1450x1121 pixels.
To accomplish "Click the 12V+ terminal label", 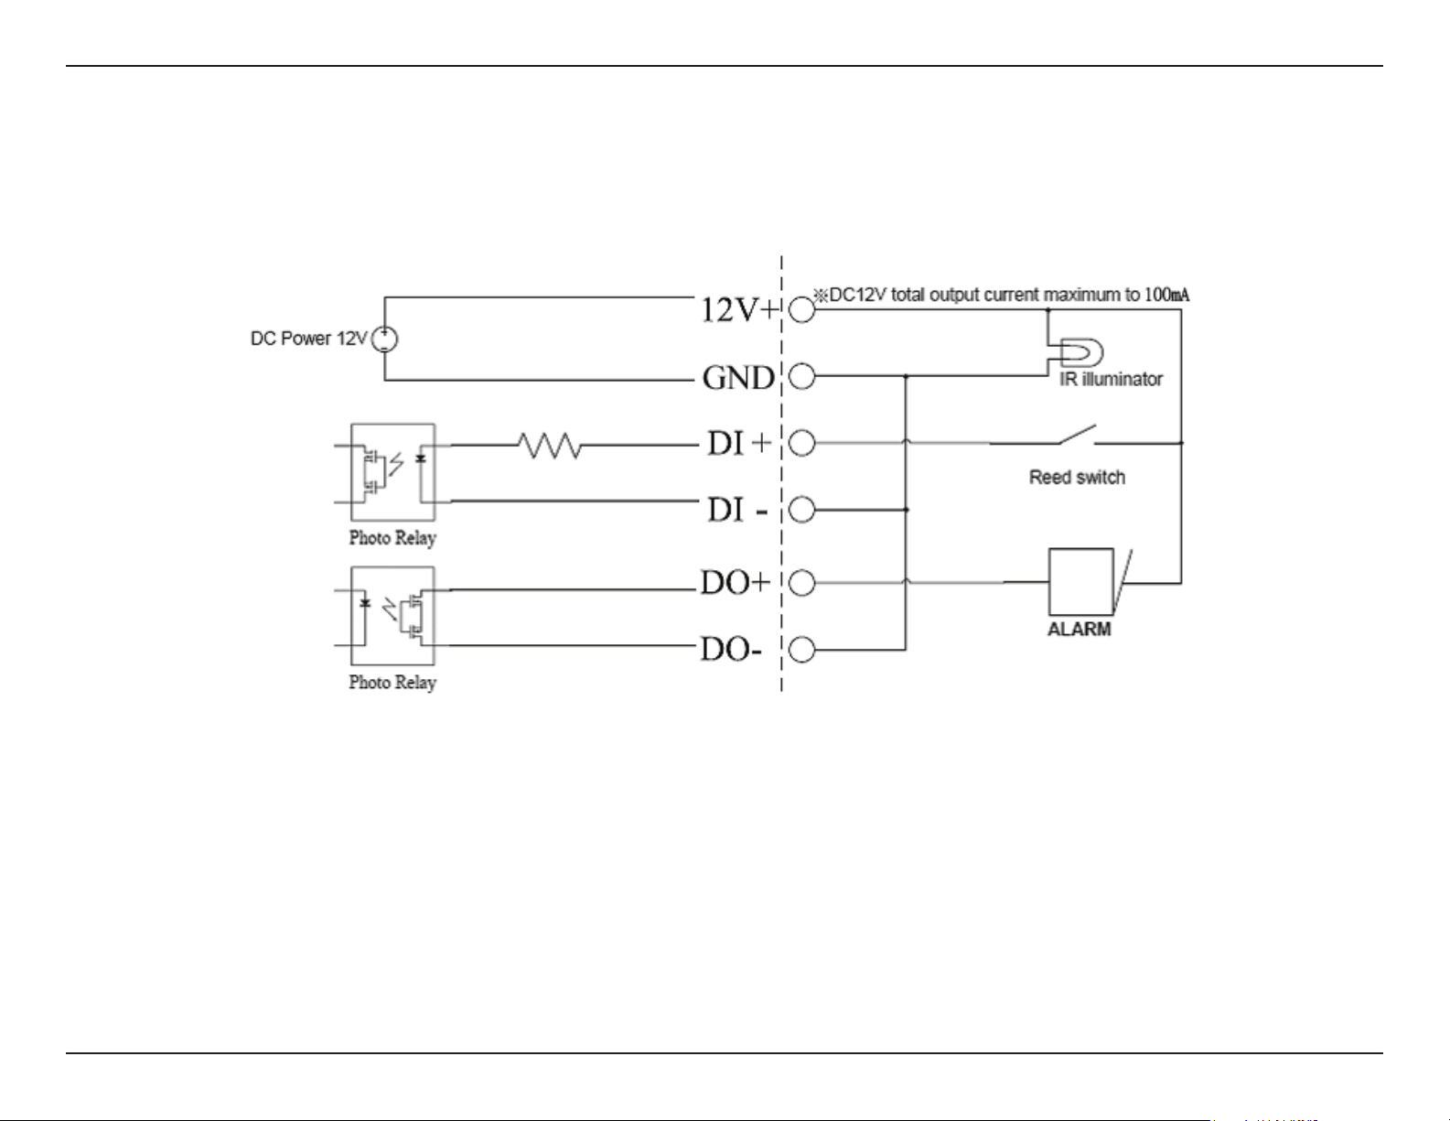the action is (x=739, y=310).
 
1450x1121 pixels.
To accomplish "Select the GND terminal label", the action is (x=738, y=378).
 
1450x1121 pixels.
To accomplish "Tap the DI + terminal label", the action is (x=738, y=443).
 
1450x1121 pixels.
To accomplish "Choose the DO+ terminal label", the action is (x=735, y=583).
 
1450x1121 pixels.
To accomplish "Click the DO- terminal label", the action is (x=731, y=649).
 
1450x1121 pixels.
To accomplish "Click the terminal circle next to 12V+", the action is (x=801, y=309).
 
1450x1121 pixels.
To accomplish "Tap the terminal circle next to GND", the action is (x=801, y=376).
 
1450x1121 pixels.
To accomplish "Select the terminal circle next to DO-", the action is (x=801, y=649).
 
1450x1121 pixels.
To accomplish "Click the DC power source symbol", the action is (x=383, y=339).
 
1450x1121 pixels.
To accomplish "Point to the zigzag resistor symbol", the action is (x=550, y=445).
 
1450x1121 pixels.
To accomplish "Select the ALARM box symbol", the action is (x=1081, y=582).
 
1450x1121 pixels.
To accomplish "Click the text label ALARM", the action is (x=1079, y=630).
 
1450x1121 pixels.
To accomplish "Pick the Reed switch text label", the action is (x=1077, y=478).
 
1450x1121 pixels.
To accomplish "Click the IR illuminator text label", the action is (x=1111, y=379).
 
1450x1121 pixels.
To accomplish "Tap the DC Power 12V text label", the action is (x=309, y=339).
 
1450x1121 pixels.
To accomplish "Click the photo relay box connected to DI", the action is (x=393, y=472).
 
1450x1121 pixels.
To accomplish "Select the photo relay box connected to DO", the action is (x=393, y=616).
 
